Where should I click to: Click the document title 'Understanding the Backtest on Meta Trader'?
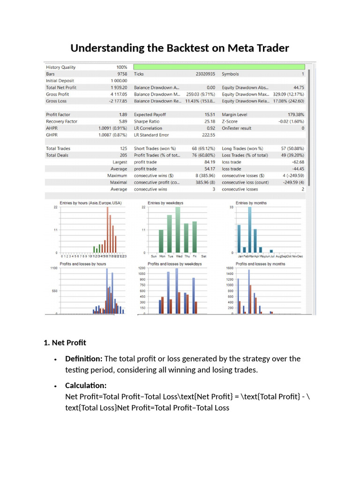[180, 48]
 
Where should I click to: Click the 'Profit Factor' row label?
[58, 115]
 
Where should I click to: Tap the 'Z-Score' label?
[230, 121]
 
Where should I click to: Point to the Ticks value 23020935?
[205, 74]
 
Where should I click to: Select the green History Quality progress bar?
[219, 67]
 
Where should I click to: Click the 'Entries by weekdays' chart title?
[165, 202]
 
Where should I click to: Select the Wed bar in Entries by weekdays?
[178, 230]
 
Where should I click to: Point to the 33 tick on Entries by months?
[231, 207]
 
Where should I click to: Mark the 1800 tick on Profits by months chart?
[230, 268]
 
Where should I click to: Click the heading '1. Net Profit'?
[65, 343]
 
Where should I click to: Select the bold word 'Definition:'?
[84, 359]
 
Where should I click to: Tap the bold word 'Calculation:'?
[86, 385]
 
